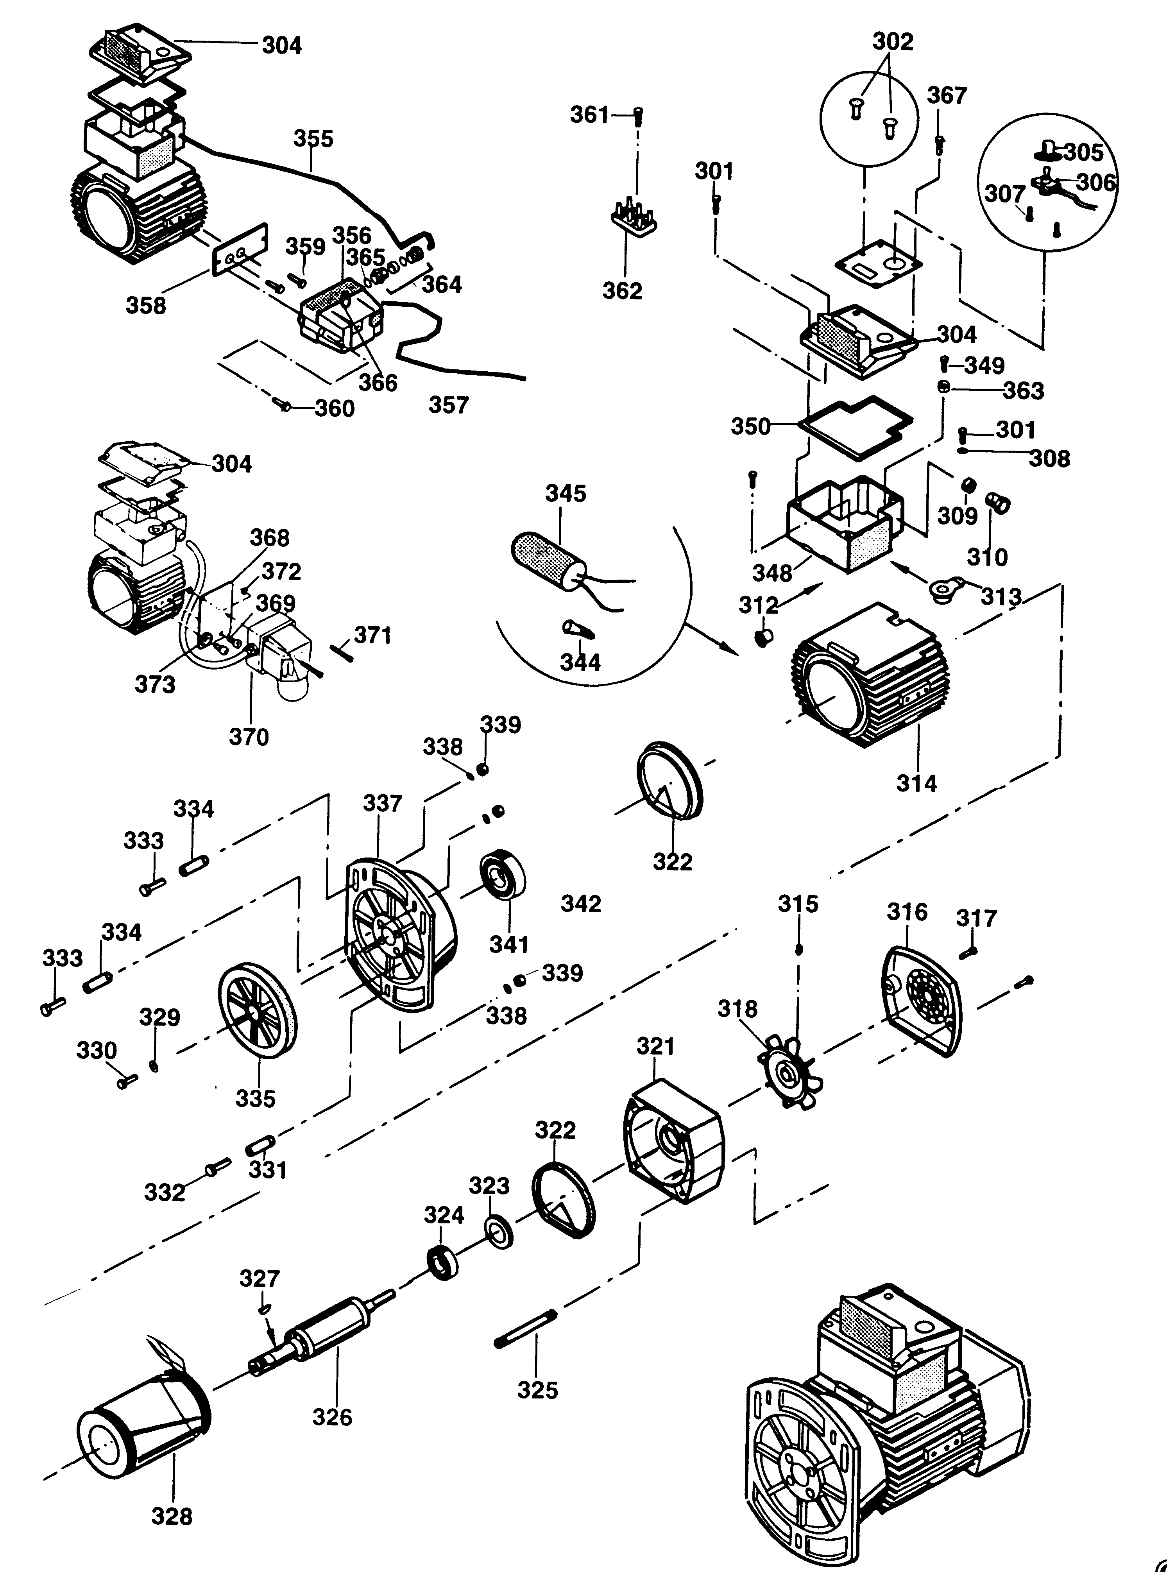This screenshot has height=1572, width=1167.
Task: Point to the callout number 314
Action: [916, 783]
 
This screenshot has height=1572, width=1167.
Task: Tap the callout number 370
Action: [249, 737]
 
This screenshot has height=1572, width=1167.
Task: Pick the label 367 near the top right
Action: [947, 95]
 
